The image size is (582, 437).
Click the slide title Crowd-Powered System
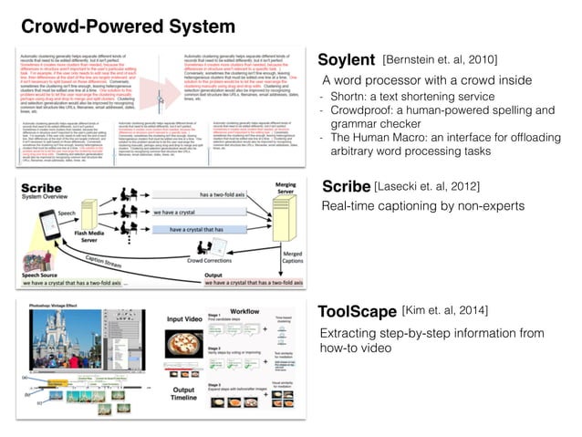coord(129,26)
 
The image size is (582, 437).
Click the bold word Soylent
coord(346,60)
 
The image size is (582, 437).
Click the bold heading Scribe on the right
coord(346,186)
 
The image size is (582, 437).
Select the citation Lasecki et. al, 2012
coord(428,187)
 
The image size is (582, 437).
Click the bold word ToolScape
coord(357,312)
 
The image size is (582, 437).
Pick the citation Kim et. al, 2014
coord(446,312)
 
